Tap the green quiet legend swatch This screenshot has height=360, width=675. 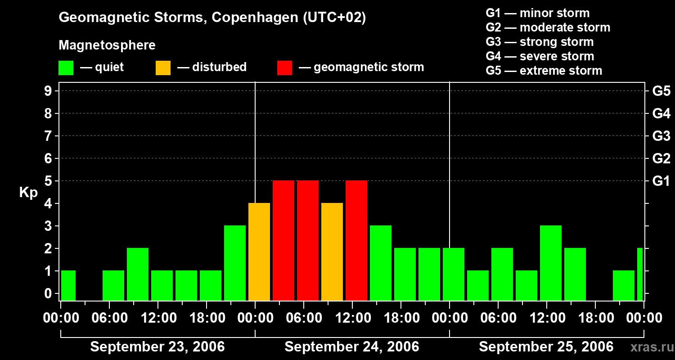pyautogui.click(x=66, y=67)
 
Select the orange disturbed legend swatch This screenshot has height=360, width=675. pyautogui.click(x=163, y=67)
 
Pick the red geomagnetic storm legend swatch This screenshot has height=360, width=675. pyautogui.click(x=284, y=67)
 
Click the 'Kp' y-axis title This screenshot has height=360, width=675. pyautogui.click(x=28, y=193)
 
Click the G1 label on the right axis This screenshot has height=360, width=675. pyautogui.click(x=661, y=181)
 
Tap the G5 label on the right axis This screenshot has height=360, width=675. pyautogui.click(x=661, y=91)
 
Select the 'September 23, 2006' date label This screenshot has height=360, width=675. pyautogui.click(x=157, y=347)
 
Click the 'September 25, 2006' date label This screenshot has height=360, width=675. pyautogui.click(x=546, y=347)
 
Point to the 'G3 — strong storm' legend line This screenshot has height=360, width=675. pyautogui.click(x=540, y=42)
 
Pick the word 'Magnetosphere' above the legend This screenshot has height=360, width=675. pyautogui.click(x=107, y=45)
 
